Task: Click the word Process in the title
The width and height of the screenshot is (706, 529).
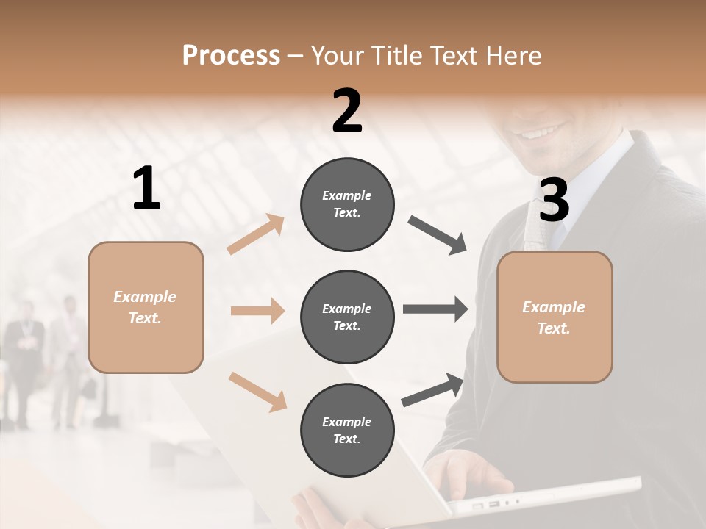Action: (x=231, y=55)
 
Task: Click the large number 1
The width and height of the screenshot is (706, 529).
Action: (x=146, y=189)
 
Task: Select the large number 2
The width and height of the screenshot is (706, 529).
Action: (x=347, y=111)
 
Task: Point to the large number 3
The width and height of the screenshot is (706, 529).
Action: (x=554, y=200)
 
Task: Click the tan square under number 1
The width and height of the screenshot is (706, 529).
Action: (x=146, y=307)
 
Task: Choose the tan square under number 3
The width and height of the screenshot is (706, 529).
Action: (x=555, y=317)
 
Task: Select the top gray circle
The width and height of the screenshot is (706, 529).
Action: (x=347, y=204)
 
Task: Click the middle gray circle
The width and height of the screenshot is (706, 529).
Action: (x=347, y=317)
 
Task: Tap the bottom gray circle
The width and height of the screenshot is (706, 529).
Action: (x=347, y=430)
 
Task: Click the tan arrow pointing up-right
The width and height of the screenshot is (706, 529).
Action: (x=256, y=234)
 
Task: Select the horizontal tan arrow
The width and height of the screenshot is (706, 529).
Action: (x=257, y=312)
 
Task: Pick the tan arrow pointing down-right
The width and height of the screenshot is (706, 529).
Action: (x=257, y=391)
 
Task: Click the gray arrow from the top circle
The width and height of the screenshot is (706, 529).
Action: (x=438, y=235)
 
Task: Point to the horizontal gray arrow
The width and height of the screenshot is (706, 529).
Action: (x=435, y=309)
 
